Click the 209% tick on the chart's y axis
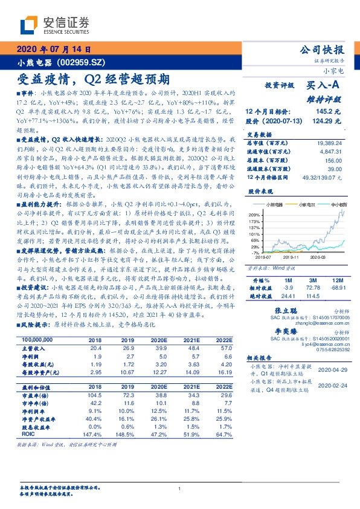254,214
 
